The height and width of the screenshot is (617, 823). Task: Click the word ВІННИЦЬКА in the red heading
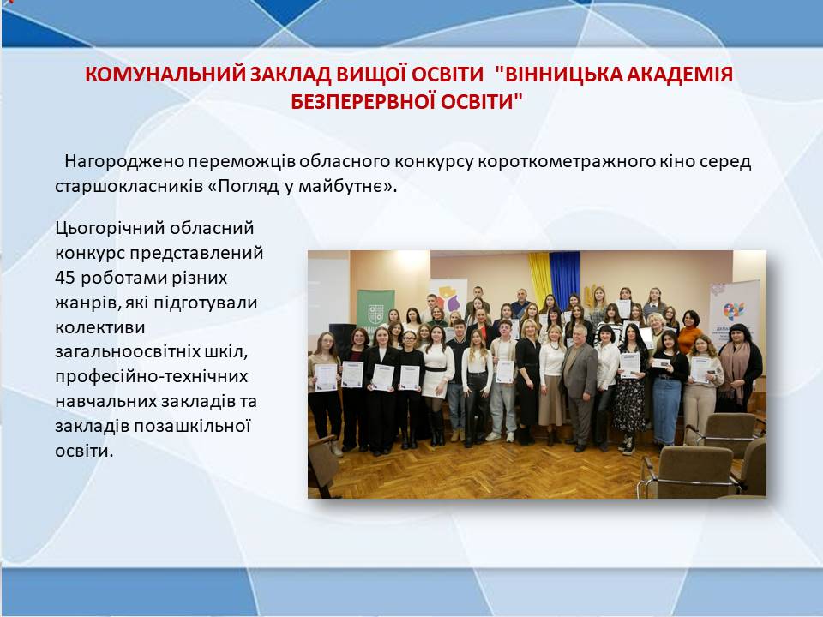pyautogui.click(x=556, y=75)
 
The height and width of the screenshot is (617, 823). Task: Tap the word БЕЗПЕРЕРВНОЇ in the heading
pyautogui.click(x=362, y=101)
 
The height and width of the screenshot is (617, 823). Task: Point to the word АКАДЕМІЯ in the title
pyautogui.click(x=677, y=75)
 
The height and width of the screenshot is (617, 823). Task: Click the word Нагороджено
pyautogui.click(x=124, y=162)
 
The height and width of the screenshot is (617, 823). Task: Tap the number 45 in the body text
pyautogui.click(x=65, y=278)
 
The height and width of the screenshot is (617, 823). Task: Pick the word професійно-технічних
pyautogui.click(x=151, y=377)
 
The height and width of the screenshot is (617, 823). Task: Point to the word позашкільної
pyautogui.click(x=192, y=426)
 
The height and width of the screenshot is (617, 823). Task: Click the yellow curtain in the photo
pyautogui.click(x=539, y=278)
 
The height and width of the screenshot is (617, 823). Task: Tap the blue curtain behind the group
pyautogui.click(x=564, y=278)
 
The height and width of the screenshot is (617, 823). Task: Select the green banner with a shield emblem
pyautogui.click(x=375, y=312)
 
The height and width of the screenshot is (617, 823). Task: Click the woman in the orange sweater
pyautogui.click(x=689, y=332)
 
